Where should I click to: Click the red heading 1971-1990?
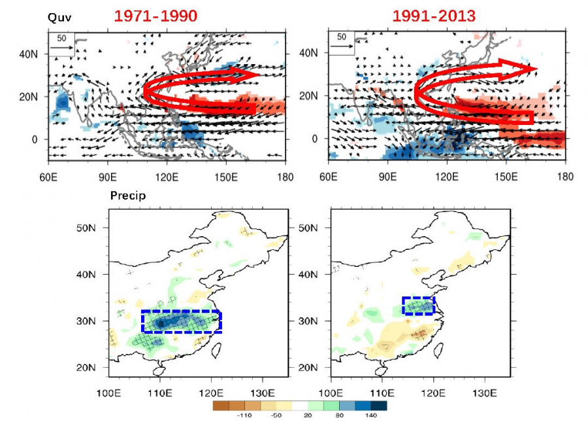click(155, 16)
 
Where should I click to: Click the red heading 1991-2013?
click(435, 16)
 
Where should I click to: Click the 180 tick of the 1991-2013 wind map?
click(565, 177)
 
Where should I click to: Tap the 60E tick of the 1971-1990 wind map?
click(48, 177)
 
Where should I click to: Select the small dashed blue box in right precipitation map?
click(418, 306)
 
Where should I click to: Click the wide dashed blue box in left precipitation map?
click(182, 321)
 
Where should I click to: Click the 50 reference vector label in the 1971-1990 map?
click(61, 39)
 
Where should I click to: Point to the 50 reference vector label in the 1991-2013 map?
click(341, 37)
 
